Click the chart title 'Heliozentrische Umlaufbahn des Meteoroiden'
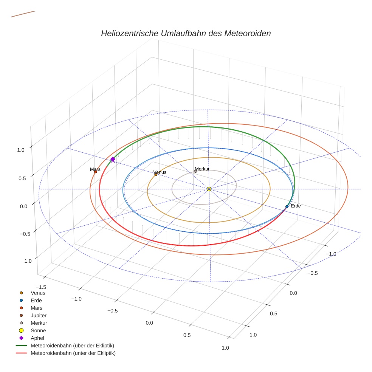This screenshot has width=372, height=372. [x=186, y=33]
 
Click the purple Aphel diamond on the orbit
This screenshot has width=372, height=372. [x=113, y=160]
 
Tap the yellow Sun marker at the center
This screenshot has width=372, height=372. [x=209, y=189]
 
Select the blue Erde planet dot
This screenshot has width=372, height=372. [x=287, y=206]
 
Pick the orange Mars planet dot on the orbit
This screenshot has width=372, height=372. [x=95, y=172]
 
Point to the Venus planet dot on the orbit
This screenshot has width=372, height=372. [x=156, y=175]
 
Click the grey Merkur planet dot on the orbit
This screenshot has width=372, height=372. [x=195, y=171]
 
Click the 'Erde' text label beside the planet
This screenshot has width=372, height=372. [x=296, y=206]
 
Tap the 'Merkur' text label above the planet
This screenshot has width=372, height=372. [x=202, y=169]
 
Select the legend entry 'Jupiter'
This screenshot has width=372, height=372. [x=39, y=315]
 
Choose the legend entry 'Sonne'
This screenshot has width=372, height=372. [x=38, y=330]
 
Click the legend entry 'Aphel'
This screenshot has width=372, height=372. [x=37, y=338]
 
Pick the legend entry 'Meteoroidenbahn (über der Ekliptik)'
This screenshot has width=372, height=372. [x=72, y=346]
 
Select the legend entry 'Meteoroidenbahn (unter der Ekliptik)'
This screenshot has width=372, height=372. [x=73, y=353]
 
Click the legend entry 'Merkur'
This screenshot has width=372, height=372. [x=39, y=323]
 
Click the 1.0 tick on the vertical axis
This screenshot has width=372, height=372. [x=21, y=150]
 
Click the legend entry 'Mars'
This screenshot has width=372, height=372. [x=36, y=308]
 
